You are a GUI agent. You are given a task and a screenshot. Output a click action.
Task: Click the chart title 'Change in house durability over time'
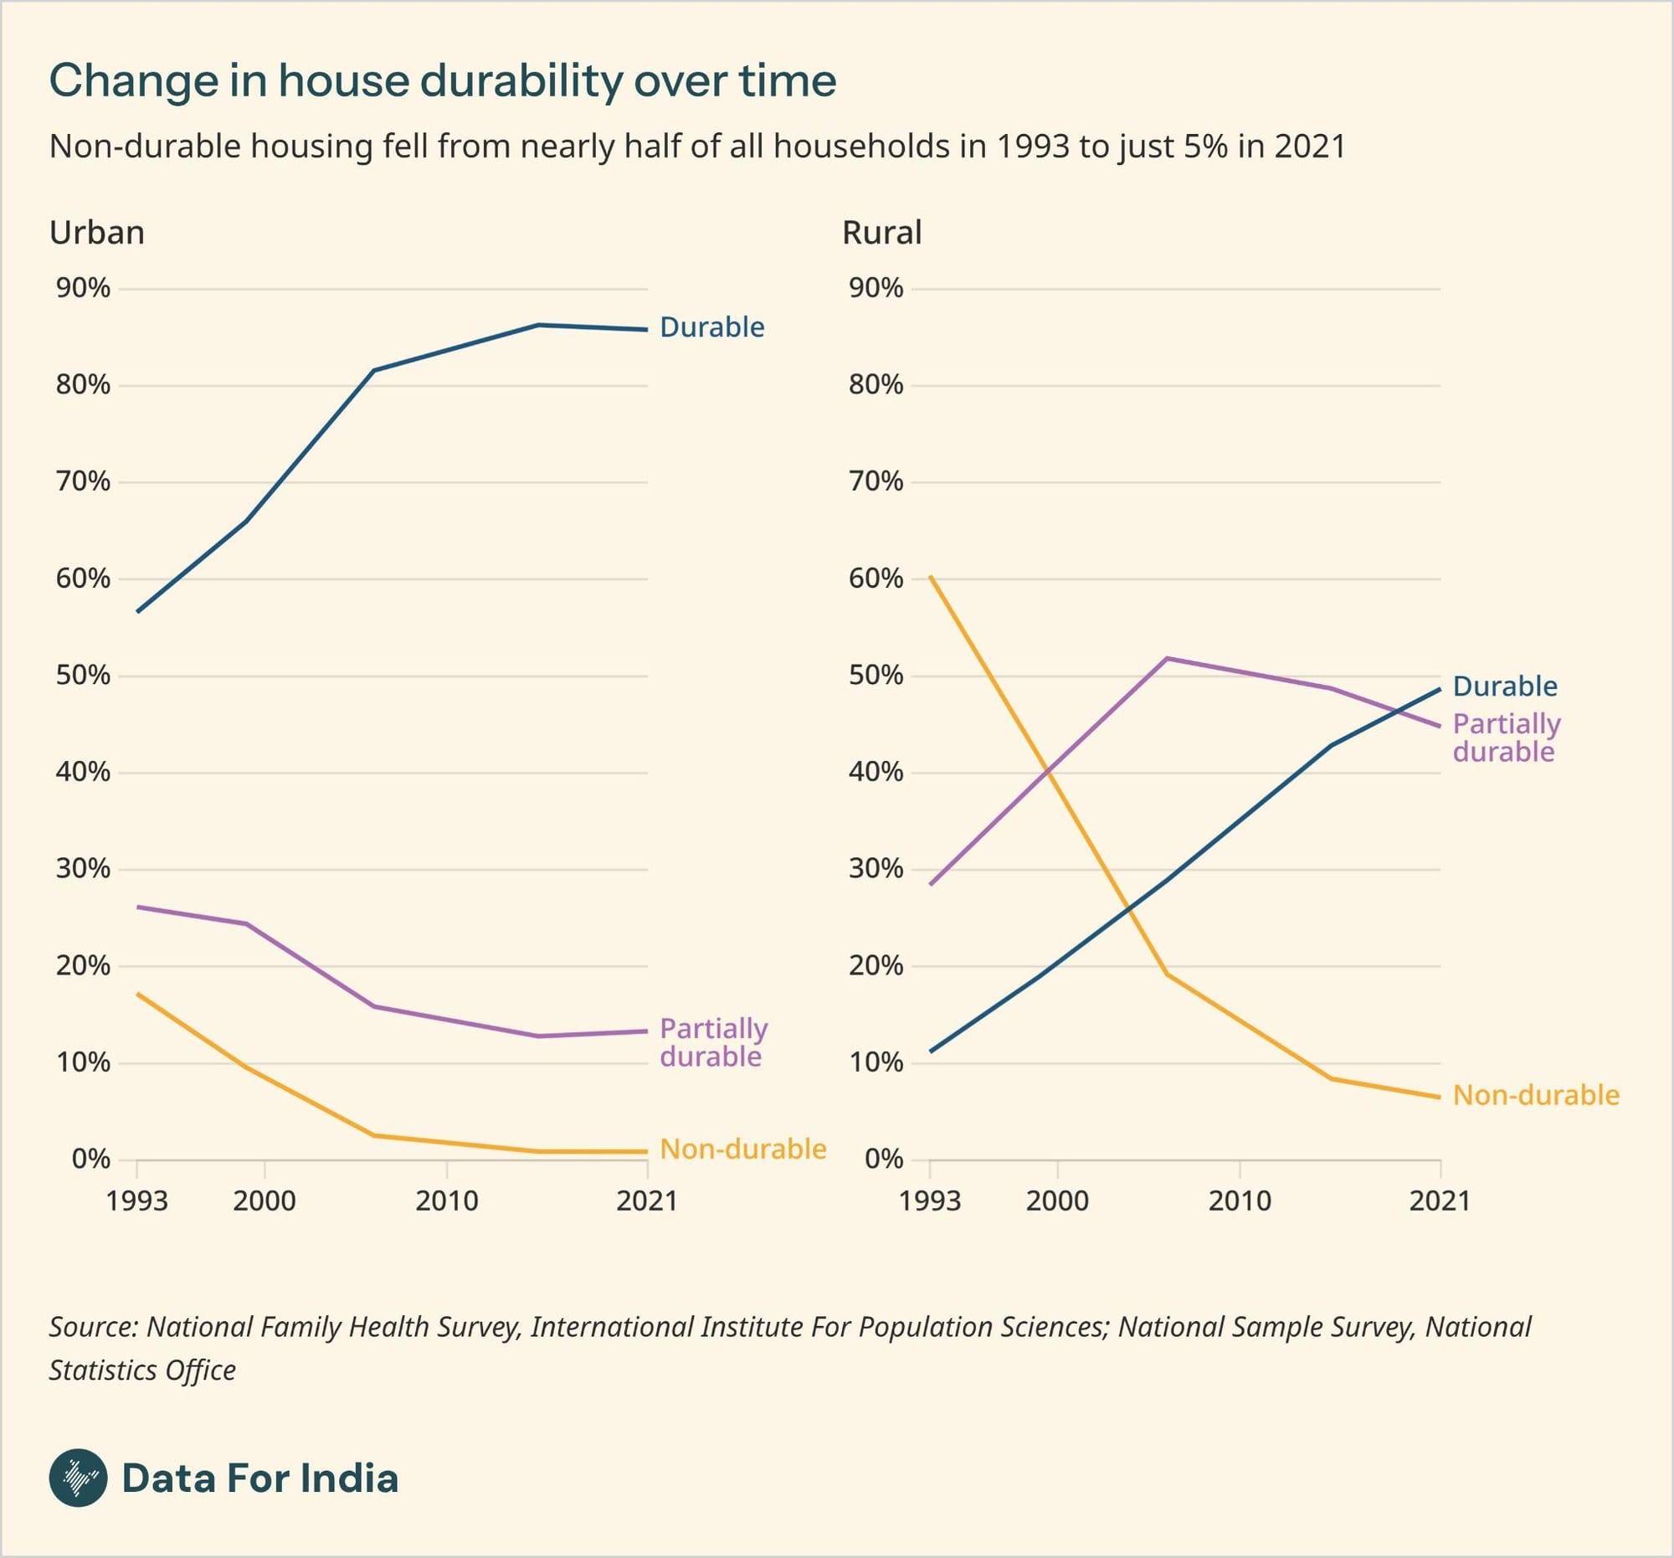pos(443,82)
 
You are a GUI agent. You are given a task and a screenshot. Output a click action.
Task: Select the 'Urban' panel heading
pos(97,233)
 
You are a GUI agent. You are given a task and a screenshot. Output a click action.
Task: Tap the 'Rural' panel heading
pos(881,233)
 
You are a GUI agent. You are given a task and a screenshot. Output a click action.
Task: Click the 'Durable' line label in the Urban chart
pos(711,327)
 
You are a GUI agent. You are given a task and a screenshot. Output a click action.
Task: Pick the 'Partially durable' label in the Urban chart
pos(713,1041)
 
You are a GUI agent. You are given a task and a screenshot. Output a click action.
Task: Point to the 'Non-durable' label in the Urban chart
pos(742,1149)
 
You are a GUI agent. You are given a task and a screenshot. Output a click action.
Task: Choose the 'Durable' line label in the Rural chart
pos(1505,686)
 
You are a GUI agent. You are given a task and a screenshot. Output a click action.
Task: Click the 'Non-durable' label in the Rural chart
pos(1536,1095)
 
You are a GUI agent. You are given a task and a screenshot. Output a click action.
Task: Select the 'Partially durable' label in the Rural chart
pos(1507,737)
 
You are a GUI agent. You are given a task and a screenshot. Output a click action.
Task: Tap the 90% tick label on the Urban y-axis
pos(84,288)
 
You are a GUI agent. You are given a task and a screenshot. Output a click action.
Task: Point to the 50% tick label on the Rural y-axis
pos(876,676)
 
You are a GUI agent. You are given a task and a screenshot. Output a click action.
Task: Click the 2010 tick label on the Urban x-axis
pos(446,1200)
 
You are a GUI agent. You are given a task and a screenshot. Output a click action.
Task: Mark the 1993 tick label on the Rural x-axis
pos(930,1200)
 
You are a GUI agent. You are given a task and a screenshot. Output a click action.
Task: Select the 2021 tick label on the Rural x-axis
pos(1440,1200)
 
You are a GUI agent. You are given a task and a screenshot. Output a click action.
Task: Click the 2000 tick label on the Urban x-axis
pos(264,1200)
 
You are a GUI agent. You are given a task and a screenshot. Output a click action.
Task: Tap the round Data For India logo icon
pos(79,1478)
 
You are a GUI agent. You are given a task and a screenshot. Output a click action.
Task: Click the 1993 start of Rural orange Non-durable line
pos(931,576)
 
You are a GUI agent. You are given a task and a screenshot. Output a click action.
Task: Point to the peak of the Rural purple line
pos(1166,658)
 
